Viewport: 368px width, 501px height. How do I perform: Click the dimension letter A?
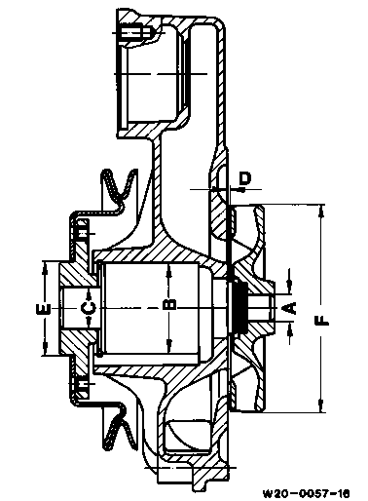292,308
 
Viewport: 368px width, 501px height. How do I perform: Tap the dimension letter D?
245,178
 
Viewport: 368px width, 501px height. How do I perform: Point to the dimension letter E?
44,309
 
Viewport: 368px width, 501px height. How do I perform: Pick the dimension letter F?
321,321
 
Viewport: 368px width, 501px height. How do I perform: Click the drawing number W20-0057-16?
306,494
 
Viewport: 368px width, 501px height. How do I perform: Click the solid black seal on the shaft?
240,306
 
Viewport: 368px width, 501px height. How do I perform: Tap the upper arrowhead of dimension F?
321,211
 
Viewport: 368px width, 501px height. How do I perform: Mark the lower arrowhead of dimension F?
321,406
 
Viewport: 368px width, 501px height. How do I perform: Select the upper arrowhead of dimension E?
46,267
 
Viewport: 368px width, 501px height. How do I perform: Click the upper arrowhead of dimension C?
89,293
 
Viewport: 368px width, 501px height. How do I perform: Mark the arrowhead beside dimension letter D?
241,189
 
